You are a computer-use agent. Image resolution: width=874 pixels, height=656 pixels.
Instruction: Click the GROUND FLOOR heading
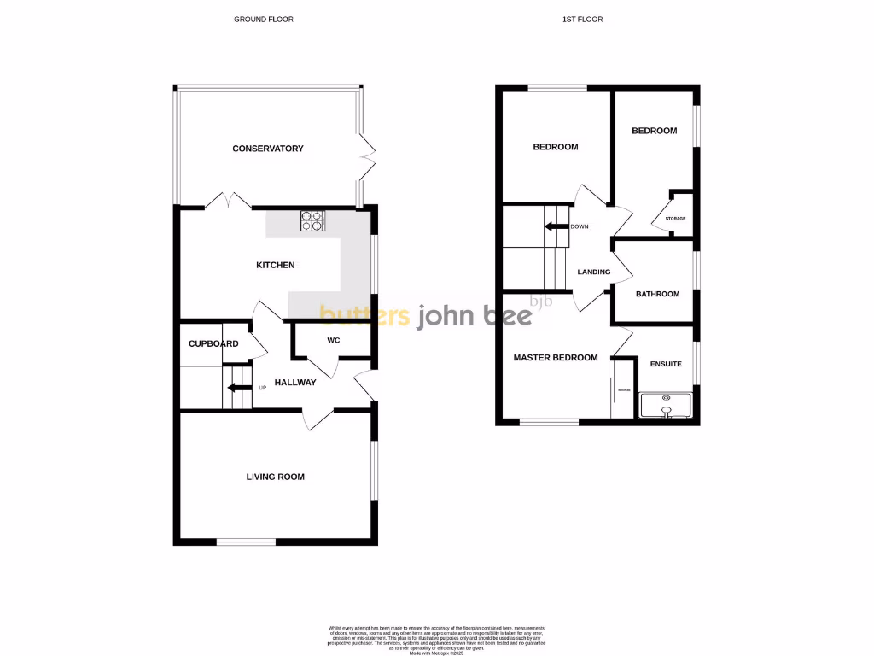pyautogui.click(x=264, y=19)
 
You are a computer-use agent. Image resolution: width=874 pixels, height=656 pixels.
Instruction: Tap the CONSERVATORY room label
pyautogui.click(x=268, y=149)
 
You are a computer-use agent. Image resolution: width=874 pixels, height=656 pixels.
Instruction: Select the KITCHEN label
pyautogui.click(x=276, y=265)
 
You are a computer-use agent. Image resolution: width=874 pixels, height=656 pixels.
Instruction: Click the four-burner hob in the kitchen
pyautogui.click(x=313, y=221)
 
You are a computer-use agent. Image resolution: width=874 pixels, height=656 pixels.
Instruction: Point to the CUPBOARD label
pyautogui.click(x=213, y=343)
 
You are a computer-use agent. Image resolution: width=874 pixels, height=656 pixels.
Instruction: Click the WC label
pyautogui.click(x=334, y=339)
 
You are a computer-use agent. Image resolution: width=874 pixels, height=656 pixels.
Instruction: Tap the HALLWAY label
pyautogui.click(x=295, y=383)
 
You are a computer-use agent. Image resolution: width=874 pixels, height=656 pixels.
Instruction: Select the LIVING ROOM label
pyautogui.click(x=276, y=477)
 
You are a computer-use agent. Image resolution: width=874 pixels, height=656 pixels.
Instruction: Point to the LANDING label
pyautogui.click(x=594, y=272)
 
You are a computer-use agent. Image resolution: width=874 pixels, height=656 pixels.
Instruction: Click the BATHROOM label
pyautogui.click(x=658, y=294)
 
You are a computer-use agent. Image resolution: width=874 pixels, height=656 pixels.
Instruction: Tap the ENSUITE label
pyautogui.click(x=666, y=364)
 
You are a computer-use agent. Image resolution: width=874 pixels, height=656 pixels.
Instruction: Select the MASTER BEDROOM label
pyautogui.click(x=556, y=358)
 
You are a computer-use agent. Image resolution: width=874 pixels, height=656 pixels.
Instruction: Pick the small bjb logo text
pyautogui.click(x=541, y=301)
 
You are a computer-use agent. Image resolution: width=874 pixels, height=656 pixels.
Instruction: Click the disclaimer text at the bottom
pyautogui.click(x=437, y=639)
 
